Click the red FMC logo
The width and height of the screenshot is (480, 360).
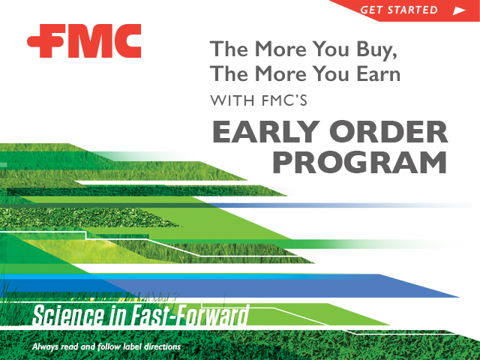(x=84, y=40)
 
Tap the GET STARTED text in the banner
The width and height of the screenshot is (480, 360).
(x=399, y=10)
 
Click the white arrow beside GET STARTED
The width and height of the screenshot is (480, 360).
(x=459, y=10)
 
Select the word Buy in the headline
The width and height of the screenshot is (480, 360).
(x=376, y=49)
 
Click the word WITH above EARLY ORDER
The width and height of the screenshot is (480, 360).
(x=232, y=100)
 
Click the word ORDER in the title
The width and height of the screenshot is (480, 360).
(x=388, y=132)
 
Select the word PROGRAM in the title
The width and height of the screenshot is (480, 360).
(x=359, y=162)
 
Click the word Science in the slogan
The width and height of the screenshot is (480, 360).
(x=68, y=315)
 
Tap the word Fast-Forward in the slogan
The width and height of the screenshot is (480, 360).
(x=190, y=315)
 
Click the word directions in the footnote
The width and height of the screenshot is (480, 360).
(x=162, y=346)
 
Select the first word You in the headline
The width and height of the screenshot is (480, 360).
(x=330, y=49)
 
